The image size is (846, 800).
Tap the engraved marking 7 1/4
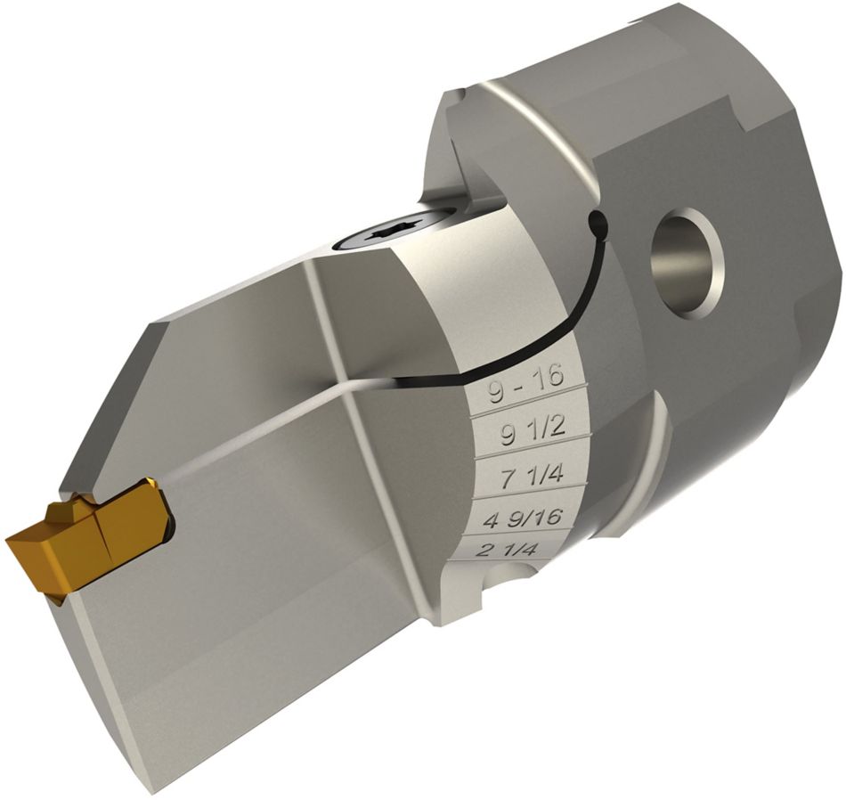coord(532,476)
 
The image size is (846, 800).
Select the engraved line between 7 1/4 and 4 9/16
coord(530,497)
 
